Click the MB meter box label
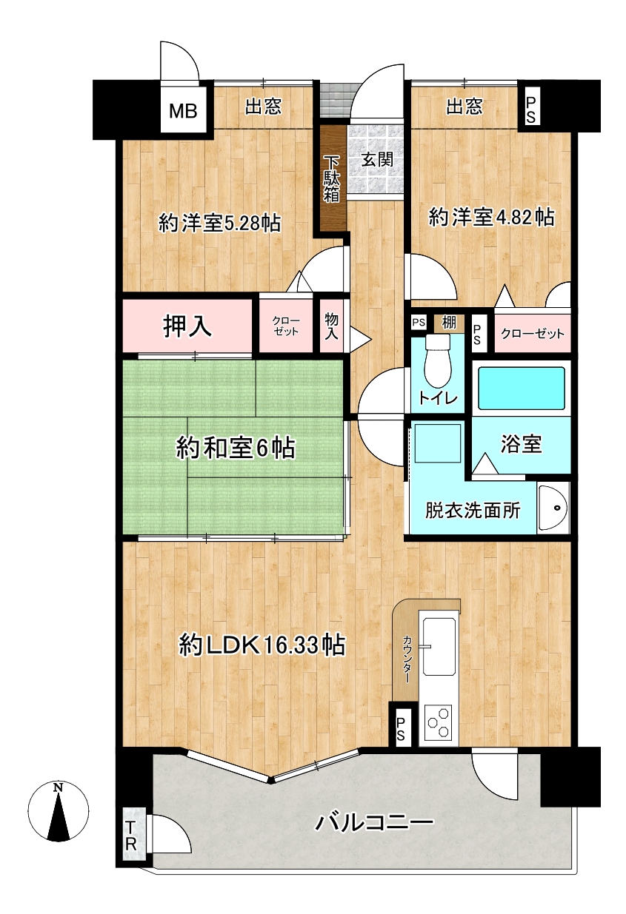(183, 111)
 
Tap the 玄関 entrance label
(377, 160)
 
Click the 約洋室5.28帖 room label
(219, 224)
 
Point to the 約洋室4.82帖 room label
(492, 217)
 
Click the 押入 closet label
(187, 326)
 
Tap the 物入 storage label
(332, 326)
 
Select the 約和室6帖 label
(236, 448)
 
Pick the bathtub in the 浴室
(521, 388)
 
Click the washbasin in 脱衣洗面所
(553, 508)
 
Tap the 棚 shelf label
(449, 323)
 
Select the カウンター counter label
(407, 659)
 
